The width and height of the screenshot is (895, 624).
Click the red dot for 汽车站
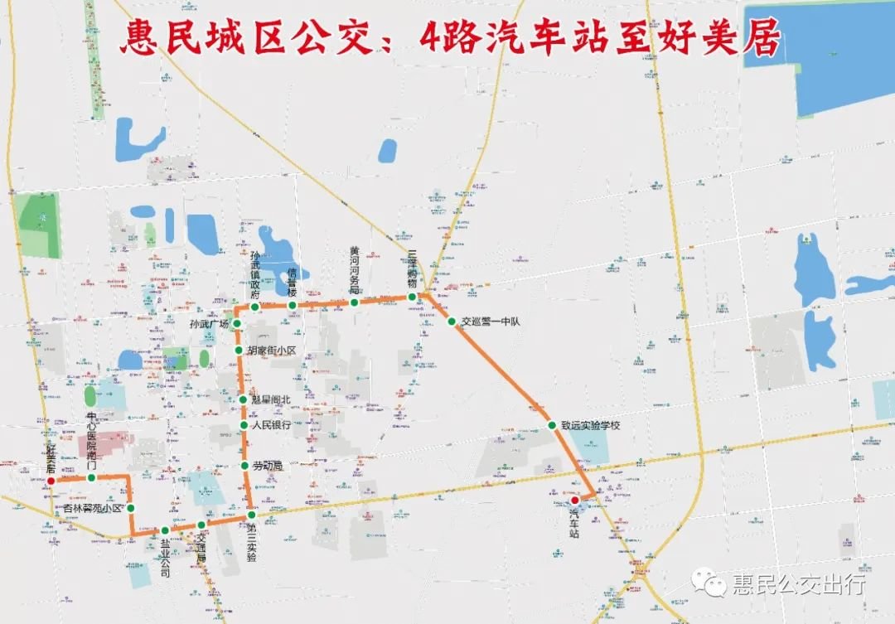point(575,500)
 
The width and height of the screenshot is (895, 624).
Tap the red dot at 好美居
point(51,480)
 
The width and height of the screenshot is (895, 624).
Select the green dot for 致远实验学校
point(552,426)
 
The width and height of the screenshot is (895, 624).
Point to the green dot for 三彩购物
point(412,297)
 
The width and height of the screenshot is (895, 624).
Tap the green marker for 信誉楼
point(293,306)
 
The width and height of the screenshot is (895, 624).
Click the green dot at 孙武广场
point(236,323)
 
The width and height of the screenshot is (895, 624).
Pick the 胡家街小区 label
point(273,351)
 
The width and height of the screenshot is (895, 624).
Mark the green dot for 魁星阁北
point(243,400)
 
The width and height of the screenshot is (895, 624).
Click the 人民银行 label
point(271,426)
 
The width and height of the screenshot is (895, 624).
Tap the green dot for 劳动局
point(244,466)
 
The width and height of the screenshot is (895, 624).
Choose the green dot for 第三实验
point(251,515)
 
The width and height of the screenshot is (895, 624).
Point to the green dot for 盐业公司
point(165,530)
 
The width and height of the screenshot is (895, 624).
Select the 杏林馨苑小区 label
point(93,508)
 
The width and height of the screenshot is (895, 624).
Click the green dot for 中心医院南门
point(91,477)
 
